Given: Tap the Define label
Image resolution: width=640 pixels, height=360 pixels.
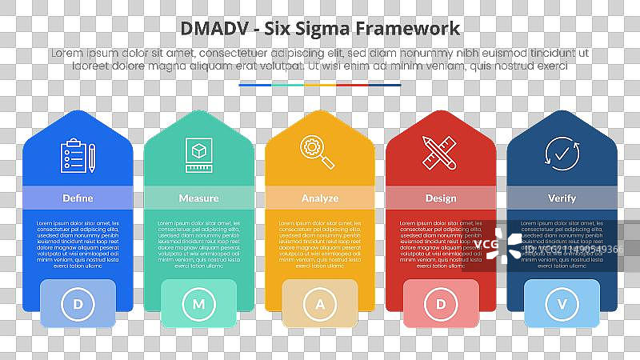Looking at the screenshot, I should pos(78,198).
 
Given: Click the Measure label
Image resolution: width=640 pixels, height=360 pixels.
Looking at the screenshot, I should pos(198,198).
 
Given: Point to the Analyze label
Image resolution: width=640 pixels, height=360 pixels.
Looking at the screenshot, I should pos(320,198).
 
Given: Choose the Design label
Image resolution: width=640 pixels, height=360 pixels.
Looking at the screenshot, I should pos(441,198).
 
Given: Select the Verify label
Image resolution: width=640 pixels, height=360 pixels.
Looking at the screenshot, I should pos(562,198).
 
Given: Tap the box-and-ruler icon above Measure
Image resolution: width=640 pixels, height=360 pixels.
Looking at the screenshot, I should pos(198,155).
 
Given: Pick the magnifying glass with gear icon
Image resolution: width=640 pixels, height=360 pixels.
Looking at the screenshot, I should pos(318,154).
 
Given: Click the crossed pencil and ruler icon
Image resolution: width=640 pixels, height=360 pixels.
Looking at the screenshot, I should pos(440,154).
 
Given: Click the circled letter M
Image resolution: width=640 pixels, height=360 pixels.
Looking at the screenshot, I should pos(198,304).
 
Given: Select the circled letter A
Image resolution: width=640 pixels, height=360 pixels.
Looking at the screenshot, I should pos(320,304).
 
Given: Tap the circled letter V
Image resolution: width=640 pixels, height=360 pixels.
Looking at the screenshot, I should pos(562,304).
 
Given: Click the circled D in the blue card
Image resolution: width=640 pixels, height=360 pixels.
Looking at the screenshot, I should pos(78,304).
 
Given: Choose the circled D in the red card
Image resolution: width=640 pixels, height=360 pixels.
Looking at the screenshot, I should pos(441,304).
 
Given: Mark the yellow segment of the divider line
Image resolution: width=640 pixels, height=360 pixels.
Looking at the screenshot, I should pos(320,84).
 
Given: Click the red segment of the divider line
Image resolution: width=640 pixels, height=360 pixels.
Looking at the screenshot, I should pos(352,84).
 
